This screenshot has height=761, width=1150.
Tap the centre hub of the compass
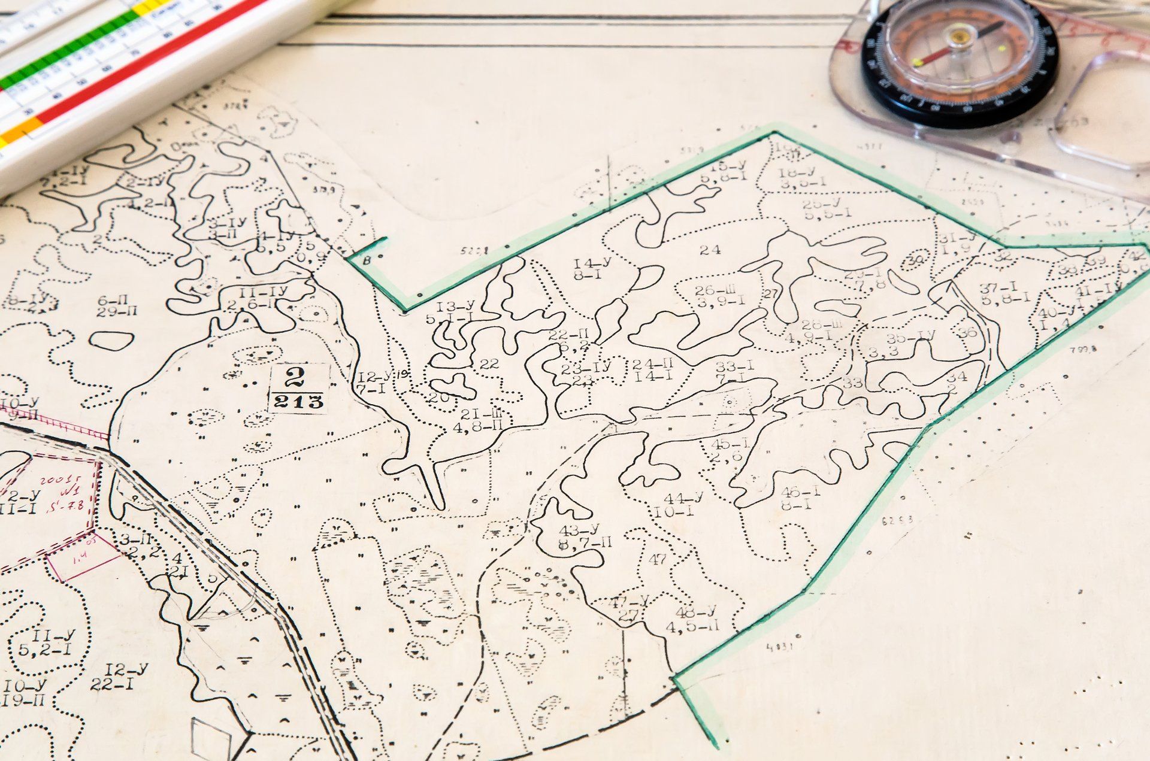click(x=960, y=38)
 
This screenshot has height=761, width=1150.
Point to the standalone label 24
click(x=710, y=250)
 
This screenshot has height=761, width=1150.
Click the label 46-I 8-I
click(x=800, y=498)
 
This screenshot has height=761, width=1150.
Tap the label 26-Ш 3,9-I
click(x=721, y=296)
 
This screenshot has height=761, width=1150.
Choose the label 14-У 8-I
click(x=592, y=269)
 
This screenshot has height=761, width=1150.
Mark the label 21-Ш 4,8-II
click(x=483, y=420)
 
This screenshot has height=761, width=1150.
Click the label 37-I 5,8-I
click(x=1005, y=293)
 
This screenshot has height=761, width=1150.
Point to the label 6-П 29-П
click(x=117, y=305)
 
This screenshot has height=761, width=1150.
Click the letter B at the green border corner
click(x=367, y=260)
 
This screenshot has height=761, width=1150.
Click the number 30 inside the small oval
click(x=915, y=260)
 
